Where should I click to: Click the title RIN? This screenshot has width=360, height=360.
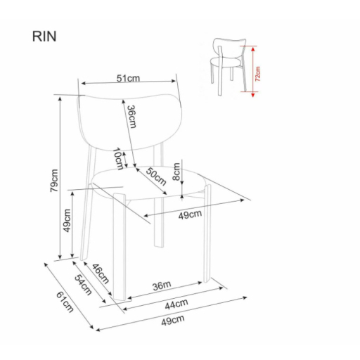coord(44,37)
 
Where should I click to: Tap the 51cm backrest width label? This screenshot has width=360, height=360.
coord(128,78)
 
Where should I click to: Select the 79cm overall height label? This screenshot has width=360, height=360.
coord(54,181)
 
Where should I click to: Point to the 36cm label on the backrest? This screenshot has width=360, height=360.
coord(131,117)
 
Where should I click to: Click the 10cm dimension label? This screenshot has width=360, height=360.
coord(118,159)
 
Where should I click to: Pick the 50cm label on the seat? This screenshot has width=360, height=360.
coord(156,176)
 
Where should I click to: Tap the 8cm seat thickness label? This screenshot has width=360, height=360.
coord(176,172)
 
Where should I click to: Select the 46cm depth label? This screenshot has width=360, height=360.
coord(101,274)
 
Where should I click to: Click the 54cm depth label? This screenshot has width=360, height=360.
coord(83,285)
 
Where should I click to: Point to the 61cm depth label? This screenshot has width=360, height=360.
coord(65,302)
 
